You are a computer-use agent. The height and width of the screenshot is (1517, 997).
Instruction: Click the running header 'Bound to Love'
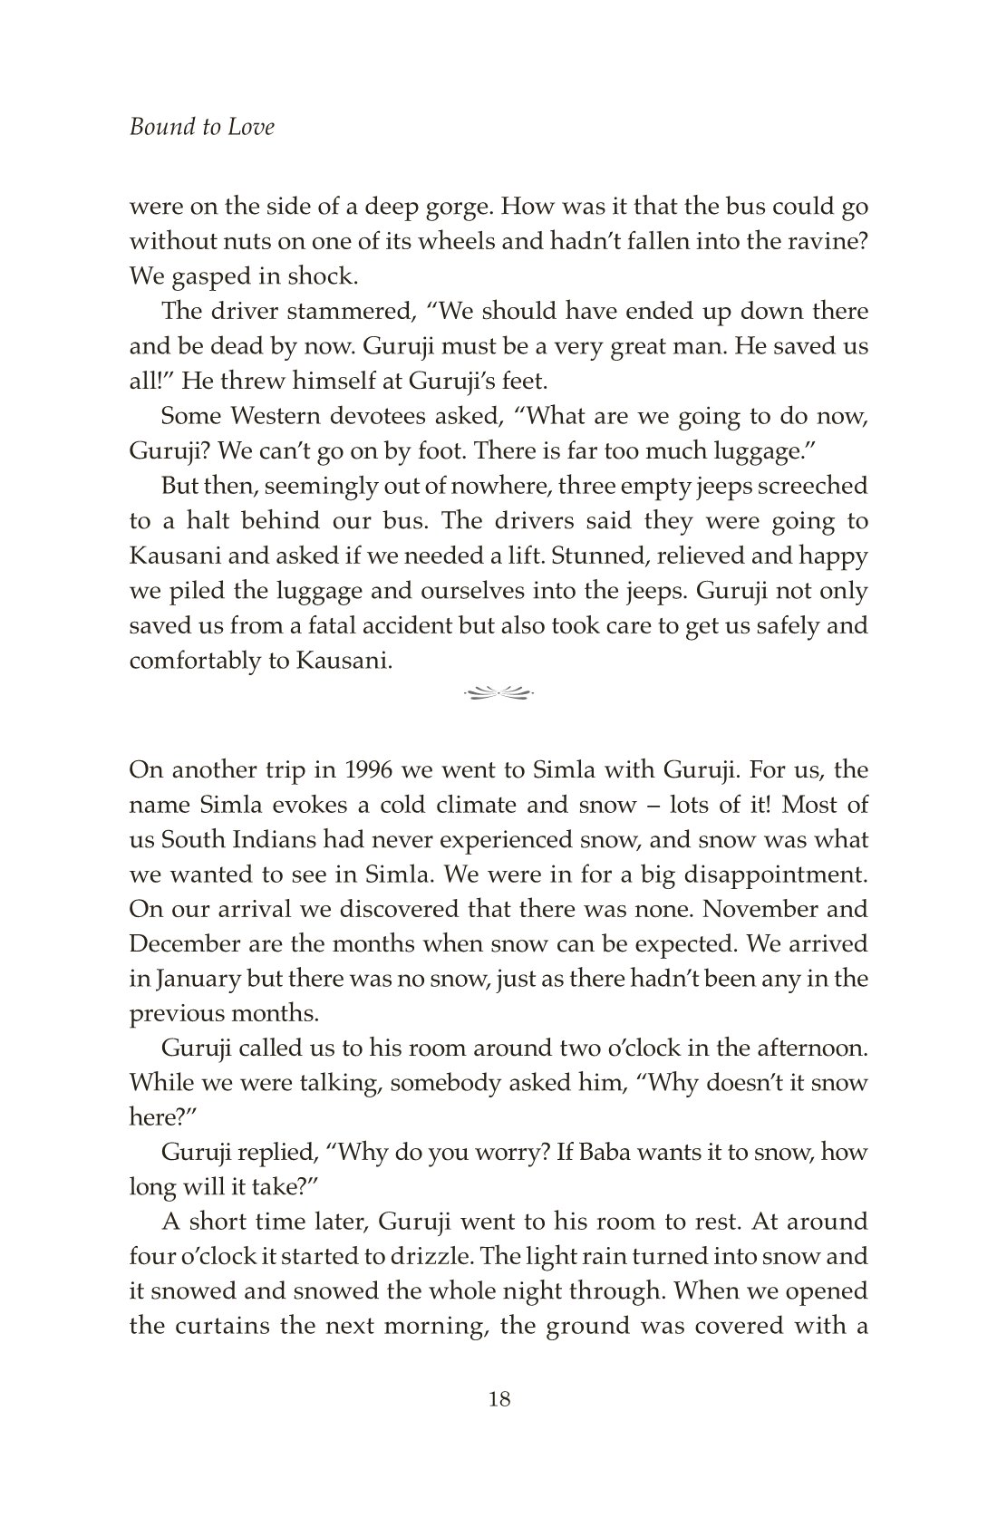tap(201, 127)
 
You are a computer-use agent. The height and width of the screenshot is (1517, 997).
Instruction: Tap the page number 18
tap(498, 1398)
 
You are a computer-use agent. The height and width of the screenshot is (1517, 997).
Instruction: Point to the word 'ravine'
tap(821, 242)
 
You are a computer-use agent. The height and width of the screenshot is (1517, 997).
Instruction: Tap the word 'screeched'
tap(812, 486)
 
